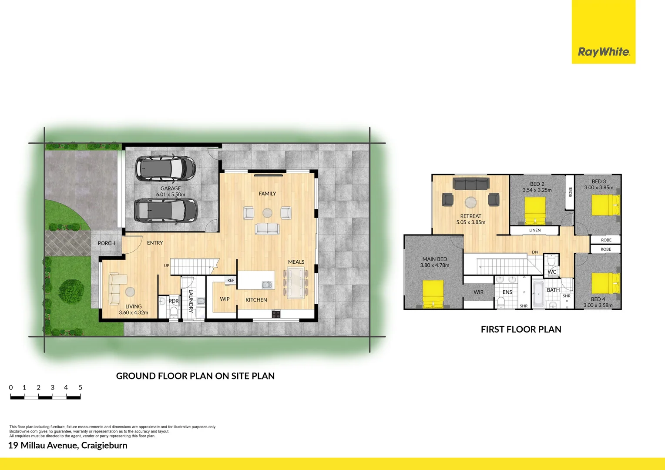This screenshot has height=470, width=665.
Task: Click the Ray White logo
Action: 603,52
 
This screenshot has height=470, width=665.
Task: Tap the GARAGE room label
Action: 171,188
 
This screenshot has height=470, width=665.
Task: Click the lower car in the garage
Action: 165,211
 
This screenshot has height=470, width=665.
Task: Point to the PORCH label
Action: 106,243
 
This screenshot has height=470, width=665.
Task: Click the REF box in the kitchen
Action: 231,281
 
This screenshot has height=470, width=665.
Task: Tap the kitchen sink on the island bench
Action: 267,285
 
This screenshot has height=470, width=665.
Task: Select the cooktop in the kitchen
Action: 276,314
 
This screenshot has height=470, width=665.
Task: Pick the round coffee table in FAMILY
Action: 267,213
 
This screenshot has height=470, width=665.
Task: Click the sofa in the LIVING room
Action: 114,289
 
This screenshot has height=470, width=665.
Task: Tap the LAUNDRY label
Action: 191,301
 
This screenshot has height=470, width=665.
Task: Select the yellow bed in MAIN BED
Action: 433,294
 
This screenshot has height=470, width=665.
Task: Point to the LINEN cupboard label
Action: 535,230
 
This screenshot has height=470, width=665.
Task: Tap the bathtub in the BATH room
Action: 538,294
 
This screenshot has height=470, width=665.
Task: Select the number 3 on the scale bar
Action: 52,387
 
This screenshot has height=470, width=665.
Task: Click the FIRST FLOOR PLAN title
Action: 521,329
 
